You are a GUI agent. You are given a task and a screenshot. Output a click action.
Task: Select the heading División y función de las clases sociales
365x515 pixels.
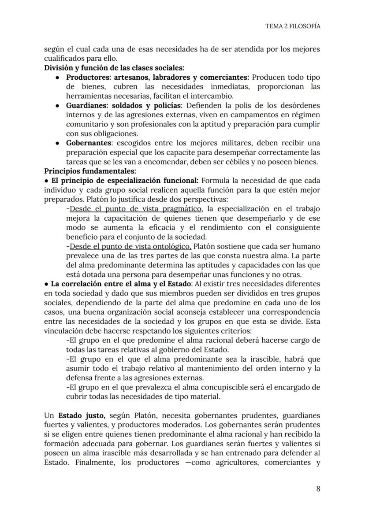pos(114,68)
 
